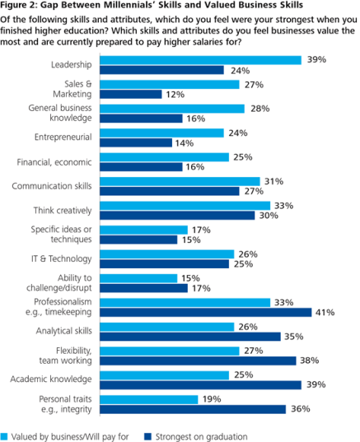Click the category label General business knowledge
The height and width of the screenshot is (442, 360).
(67, 113)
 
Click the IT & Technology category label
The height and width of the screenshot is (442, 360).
(69, 258)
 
